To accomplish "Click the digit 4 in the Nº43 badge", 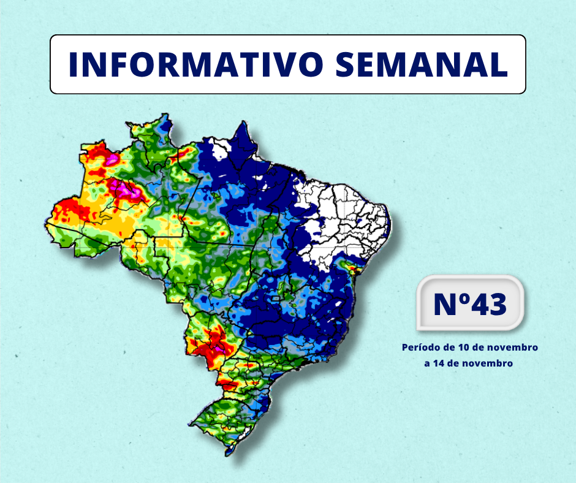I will pos(476,304).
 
